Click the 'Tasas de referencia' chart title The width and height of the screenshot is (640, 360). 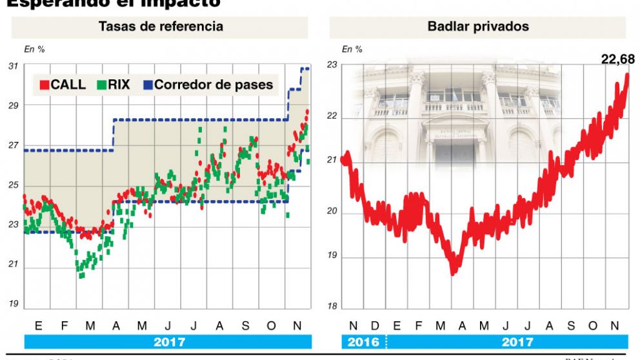(161, 26)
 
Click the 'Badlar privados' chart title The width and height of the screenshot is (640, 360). (478, 26)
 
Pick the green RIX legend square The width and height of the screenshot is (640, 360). (102, 85)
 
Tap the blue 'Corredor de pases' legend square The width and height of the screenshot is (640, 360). (147, 85)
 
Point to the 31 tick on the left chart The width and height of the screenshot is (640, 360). (13, 66)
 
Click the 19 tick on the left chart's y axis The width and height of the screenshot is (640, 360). (13, 305)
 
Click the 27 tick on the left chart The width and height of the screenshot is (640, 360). (13, 146)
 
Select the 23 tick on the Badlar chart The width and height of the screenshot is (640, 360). (332, 65)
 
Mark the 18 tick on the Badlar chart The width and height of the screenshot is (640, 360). (332, 306)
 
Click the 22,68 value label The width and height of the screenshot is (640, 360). (617, 59)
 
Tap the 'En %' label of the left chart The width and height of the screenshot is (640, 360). (34, 49)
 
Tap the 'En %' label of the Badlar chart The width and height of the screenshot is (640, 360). (352, 49)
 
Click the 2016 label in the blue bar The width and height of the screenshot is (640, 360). (363, 342)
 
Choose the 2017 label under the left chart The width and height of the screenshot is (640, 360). (169, 342)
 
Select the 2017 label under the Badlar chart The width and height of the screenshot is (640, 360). (517, 342)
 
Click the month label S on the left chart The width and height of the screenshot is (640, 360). (245, 326)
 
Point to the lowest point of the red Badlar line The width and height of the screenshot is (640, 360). (453, 274)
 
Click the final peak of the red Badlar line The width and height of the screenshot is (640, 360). (627, 75)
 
